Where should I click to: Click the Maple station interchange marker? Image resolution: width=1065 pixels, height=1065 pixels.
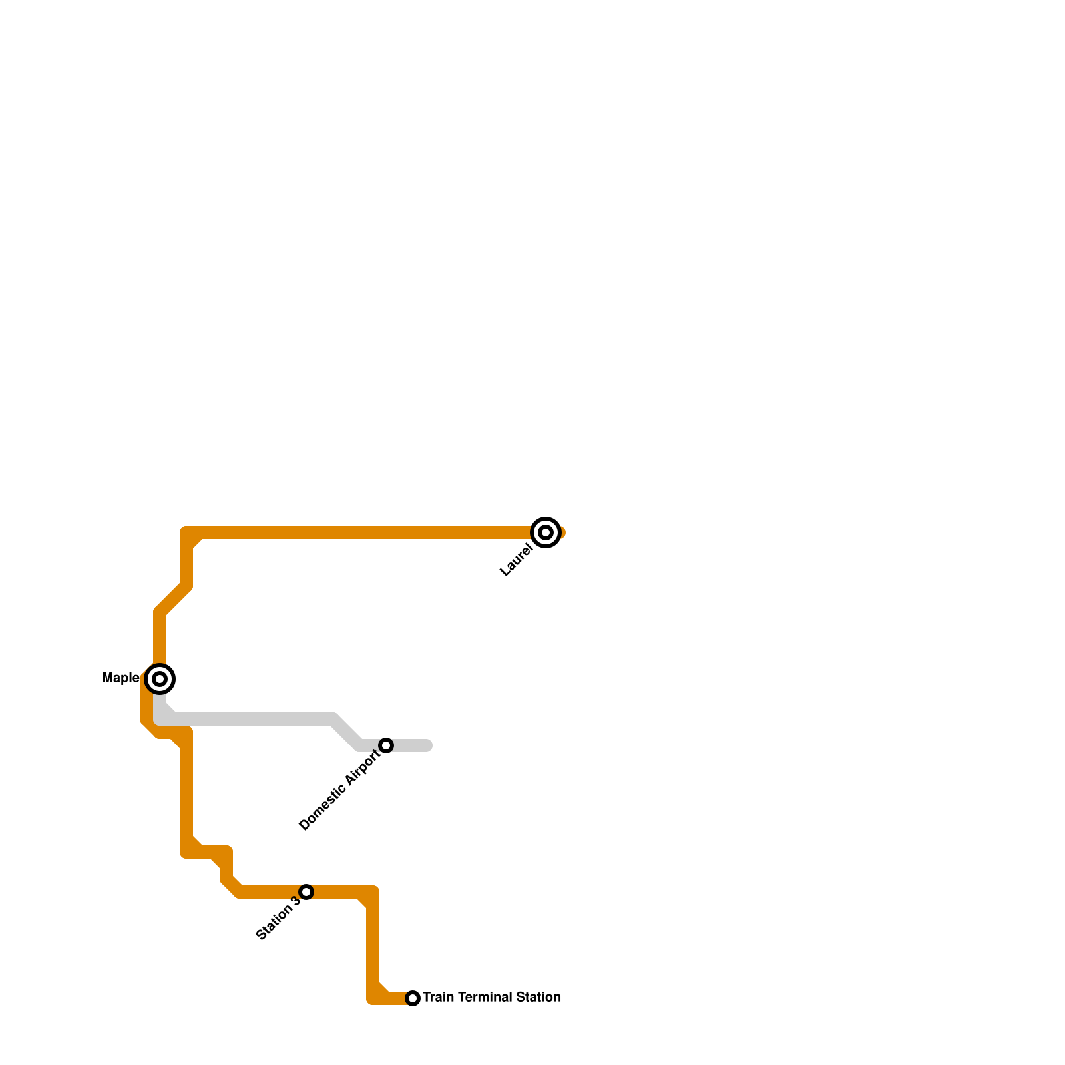coord(160,679)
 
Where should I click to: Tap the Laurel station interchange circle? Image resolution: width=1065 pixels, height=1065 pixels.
coord(546,532)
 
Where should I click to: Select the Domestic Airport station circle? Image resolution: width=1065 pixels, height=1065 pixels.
coord(386,745)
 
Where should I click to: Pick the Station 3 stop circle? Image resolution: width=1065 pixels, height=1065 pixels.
coord(306,892)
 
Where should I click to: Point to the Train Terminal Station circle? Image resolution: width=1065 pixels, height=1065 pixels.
coord(413,998)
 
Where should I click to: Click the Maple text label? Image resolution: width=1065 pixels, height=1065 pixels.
coord(120,678)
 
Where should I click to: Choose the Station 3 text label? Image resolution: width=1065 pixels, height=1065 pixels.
coord(278,919)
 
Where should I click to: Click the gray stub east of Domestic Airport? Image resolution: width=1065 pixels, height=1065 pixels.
coord(413,745)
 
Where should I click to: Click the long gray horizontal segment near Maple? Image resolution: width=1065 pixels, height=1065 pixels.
coord(253,719)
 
